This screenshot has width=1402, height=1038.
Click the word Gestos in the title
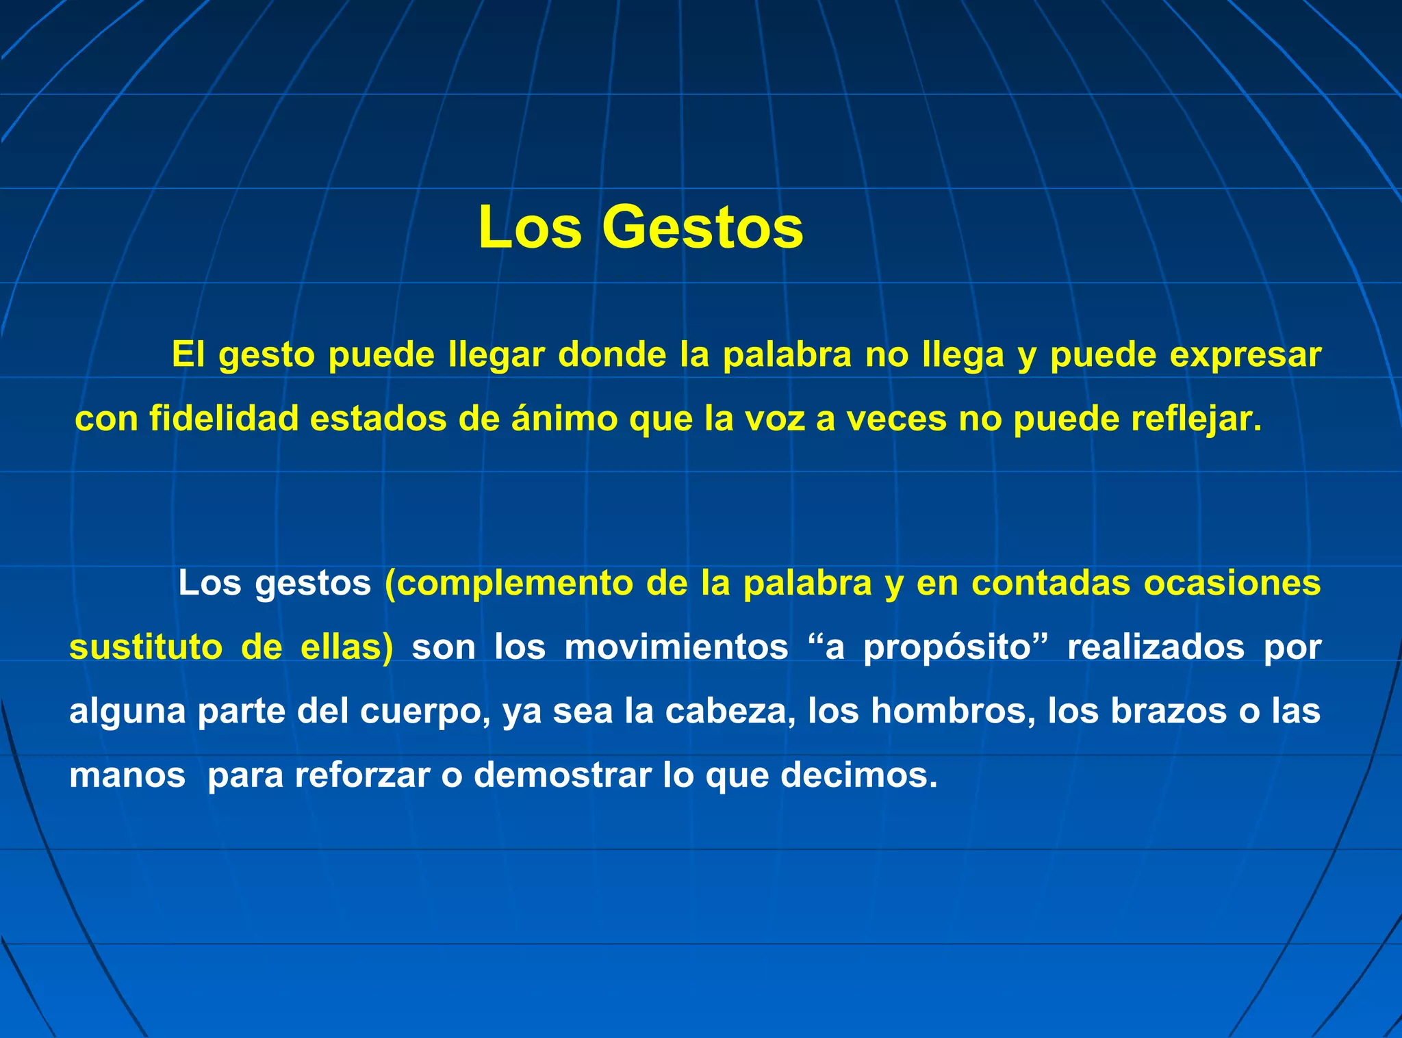click(x=702, y=227)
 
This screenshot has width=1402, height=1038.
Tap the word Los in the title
click(x=530, y=227)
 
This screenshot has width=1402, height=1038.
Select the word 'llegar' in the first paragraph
click(x=496, y=354)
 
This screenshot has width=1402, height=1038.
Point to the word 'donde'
click(x=612, y=354)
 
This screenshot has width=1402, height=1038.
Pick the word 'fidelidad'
click(x=224, y=418)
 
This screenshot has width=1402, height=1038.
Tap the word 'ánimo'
click(x=565, y=418)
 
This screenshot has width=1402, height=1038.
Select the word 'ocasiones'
click(x=1232, y=583)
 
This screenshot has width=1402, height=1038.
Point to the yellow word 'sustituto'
click(x=146, y=647)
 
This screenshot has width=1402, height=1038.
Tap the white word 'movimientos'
click(x=676, y=647)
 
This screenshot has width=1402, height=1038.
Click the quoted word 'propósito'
click(x=947, y=648)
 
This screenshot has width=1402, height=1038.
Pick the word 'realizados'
click(x=1156, y=647)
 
